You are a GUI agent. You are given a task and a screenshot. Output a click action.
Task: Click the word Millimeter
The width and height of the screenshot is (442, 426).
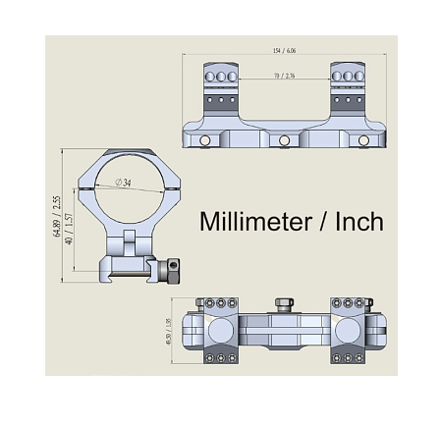coord(253,222)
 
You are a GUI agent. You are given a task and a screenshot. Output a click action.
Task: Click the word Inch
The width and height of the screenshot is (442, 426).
coord(359,222)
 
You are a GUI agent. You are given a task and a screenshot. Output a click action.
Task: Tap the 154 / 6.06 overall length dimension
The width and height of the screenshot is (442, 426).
coord(285,51)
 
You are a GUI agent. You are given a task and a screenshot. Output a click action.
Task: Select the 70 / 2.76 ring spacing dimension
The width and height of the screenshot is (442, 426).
coord(285,75)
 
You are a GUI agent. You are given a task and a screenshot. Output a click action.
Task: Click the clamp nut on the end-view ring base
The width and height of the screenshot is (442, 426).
coord(173,266)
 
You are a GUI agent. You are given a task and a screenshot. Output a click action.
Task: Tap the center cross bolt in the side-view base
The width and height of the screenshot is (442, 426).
coord(285,141)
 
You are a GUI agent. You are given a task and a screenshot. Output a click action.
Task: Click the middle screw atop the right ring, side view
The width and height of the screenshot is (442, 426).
coord(349,76)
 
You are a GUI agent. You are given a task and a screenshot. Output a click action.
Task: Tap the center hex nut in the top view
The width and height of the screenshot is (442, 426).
coord(285,302)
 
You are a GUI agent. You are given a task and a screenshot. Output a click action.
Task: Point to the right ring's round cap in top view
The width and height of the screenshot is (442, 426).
coord(350,328)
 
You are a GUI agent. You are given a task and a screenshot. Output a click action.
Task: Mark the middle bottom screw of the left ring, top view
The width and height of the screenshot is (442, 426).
coord(221,358)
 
